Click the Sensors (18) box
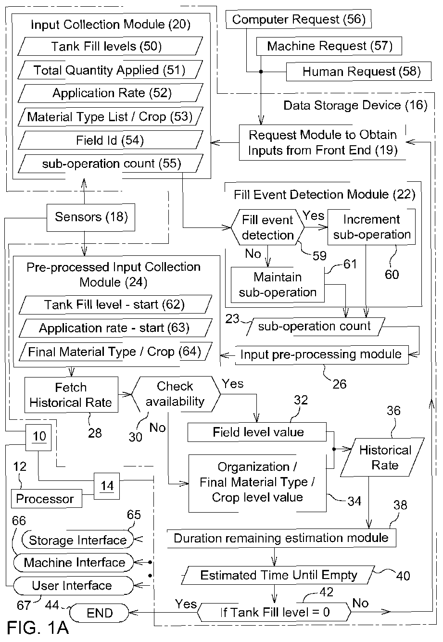point(90,217)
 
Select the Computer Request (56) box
point(299,19)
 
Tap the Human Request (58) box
point(359,71)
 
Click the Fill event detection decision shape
point(267,227)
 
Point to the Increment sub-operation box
point(371,227)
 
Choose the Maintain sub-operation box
point(278,285)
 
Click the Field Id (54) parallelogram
point(111,140)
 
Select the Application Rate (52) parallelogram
point(111,93)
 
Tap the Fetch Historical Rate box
point(71,395)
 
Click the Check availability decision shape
point(176,394)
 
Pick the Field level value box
point(257,432)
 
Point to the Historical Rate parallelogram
point(382,457)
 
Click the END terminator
point(99,613)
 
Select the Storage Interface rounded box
point(77,540)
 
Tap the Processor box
point(47,498)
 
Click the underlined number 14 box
point(107,486)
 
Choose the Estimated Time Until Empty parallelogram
point(278,575)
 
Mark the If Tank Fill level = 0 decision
point(274,612)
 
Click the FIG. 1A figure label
point(38,628)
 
